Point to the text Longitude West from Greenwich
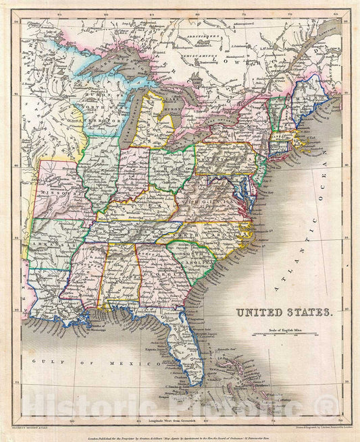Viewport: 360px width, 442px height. [175, 420]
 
